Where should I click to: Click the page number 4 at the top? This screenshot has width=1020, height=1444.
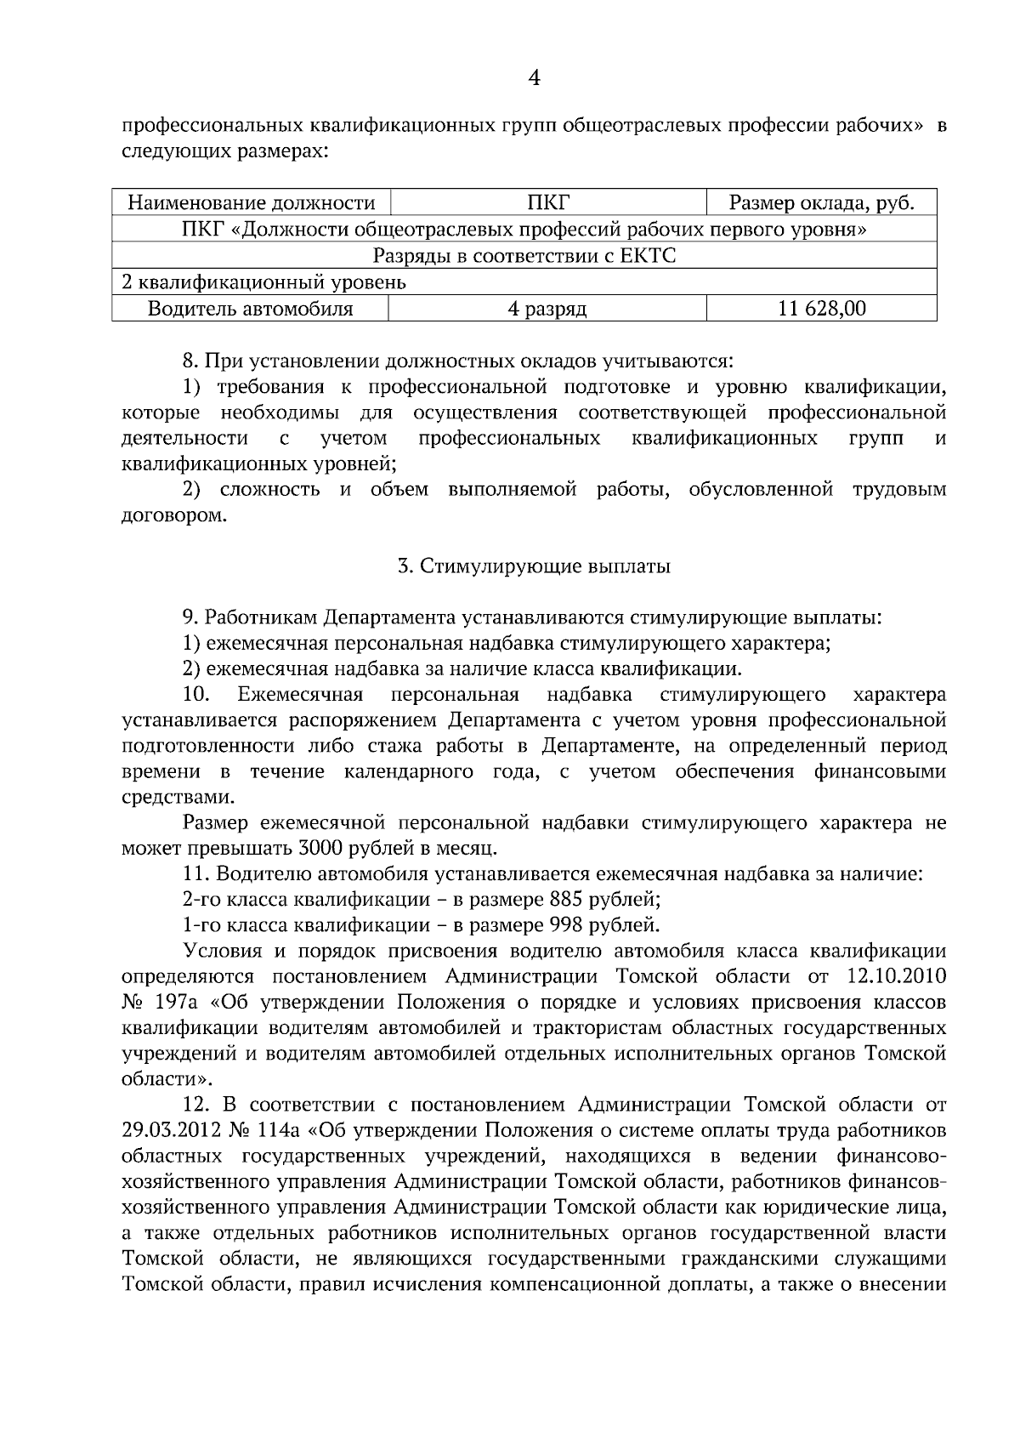point(534,79)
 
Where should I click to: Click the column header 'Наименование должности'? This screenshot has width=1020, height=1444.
point(251,203)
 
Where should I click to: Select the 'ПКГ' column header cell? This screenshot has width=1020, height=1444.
point(547,203)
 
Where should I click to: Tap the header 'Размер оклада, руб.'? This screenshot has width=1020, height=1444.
point(821,203)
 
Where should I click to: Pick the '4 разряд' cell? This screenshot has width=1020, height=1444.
point(547,309)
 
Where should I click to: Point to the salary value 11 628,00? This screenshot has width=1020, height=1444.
point(821,309)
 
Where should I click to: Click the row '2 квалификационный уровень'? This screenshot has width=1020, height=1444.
point(264,282)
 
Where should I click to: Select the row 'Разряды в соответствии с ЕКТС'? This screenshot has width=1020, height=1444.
point(524,256)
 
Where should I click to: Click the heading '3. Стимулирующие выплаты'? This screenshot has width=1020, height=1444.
point(534,566)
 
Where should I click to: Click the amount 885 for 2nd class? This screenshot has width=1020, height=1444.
point(566,900)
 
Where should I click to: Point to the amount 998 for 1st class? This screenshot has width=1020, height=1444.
point(566,925)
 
